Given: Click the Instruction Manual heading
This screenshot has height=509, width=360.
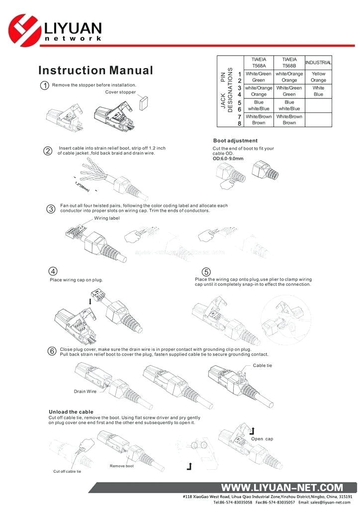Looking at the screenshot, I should click(95, 71).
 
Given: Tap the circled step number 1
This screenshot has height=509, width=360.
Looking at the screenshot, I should click(45, 85).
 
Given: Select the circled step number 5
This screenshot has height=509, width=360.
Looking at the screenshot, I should click(206, 272).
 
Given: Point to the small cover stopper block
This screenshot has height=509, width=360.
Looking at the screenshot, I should click(144, 103).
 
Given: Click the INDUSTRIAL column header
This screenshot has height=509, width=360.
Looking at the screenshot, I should click(318, 63).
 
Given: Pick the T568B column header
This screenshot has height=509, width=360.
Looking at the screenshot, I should click(289, 63).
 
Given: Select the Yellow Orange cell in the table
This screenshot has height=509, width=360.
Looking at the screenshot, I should click(318, 77).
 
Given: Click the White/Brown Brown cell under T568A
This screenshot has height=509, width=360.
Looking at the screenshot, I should click(259, 119).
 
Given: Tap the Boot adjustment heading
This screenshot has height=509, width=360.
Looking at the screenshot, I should click(235, 141).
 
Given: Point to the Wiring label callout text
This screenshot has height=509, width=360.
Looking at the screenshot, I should click(107, 218).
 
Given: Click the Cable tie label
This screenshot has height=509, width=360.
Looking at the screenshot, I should click(263, 365).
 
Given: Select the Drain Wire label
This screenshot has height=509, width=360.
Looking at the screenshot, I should click(85, 392).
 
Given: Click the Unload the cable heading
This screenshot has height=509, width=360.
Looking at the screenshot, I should click(71, 412).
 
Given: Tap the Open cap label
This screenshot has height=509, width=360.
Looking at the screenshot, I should click(262, 439).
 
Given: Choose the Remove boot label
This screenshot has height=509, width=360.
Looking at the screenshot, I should click(122, 466).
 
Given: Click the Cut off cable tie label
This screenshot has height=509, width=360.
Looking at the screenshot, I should click(67, 471).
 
